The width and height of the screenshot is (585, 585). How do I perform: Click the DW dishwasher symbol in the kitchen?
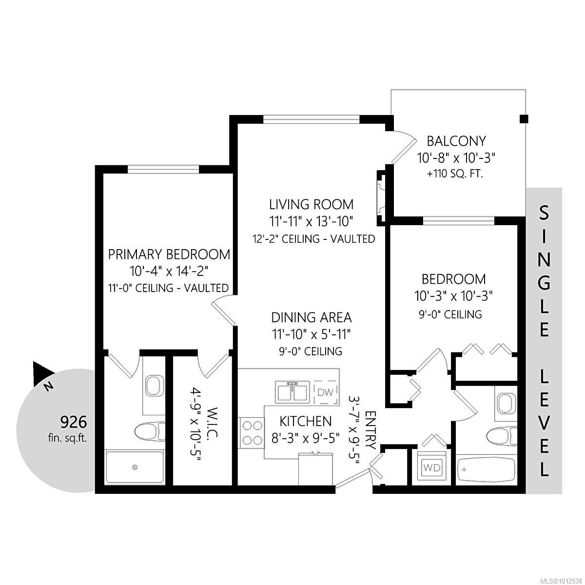click(x=325, y=392)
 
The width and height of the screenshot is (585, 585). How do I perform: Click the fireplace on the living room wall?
click(x=381, y=197)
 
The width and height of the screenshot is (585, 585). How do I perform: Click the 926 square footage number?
click(x=73, y=421)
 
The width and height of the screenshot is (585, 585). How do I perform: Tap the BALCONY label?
click(x=456, y=141)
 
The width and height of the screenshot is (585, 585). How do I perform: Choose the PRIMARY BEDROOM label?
click(x=169, y=254)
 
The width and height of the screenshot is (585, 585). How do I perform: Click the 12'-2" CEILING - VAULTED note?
click(x=312, y=239)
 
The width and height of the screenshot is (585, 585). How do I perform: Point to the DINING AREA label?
click(x=312, y=317)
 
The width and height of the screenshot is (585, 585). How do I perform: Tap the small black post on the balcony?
click(x=524, y=118)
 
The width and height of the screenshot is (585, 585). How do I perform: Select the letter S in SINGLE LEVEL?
click(x=544, y=213)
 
